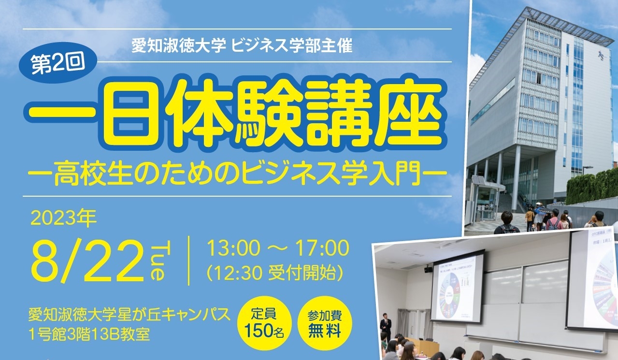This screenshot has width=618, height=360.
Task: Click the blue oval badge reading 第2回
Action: (58, 63)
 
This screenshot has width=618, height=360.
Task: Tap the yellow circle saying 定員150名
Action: (264, 323)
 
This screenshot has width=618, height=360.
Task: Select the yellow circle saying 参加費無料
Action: (325, 323)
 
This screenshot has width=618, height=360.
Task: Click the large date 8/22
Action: (88, 260)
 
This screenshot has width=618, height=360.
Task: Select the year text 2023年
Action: (64, 218)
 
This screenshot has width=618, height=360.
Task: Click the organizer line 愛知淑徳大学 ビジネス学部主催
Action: (242, 45)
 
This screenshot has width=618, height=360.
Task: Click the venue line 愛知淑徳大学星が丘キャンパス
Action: (129, 315)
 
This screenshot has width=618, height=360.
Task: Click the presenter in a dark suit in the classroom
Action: (386, 327)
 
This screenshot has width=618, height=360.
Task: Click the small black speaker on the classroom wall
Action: (428, 269)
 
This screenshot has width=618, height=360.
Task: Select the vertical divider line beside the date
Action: (189, 260)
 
